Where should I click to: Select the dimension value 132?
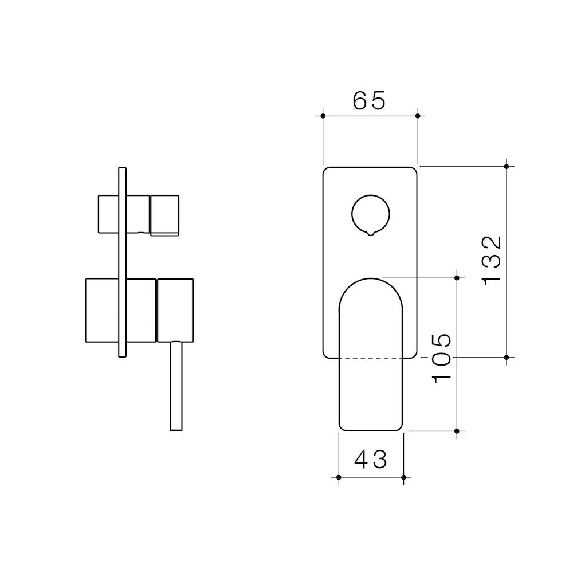(x=492, y=261)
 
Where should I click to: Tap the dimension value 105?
(x=442, y=358)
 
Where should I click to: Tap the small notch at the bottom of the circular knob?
(x=371, y=233)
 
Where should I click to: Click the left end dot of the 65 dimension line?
(x=323, y=116)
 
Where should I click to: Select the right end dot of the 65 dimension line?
(x=418, y=116)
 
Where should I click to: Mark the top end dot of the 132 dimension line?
(x=506, y=166)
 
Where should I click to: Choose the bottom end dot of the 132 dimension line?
(x=506, y=357)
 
